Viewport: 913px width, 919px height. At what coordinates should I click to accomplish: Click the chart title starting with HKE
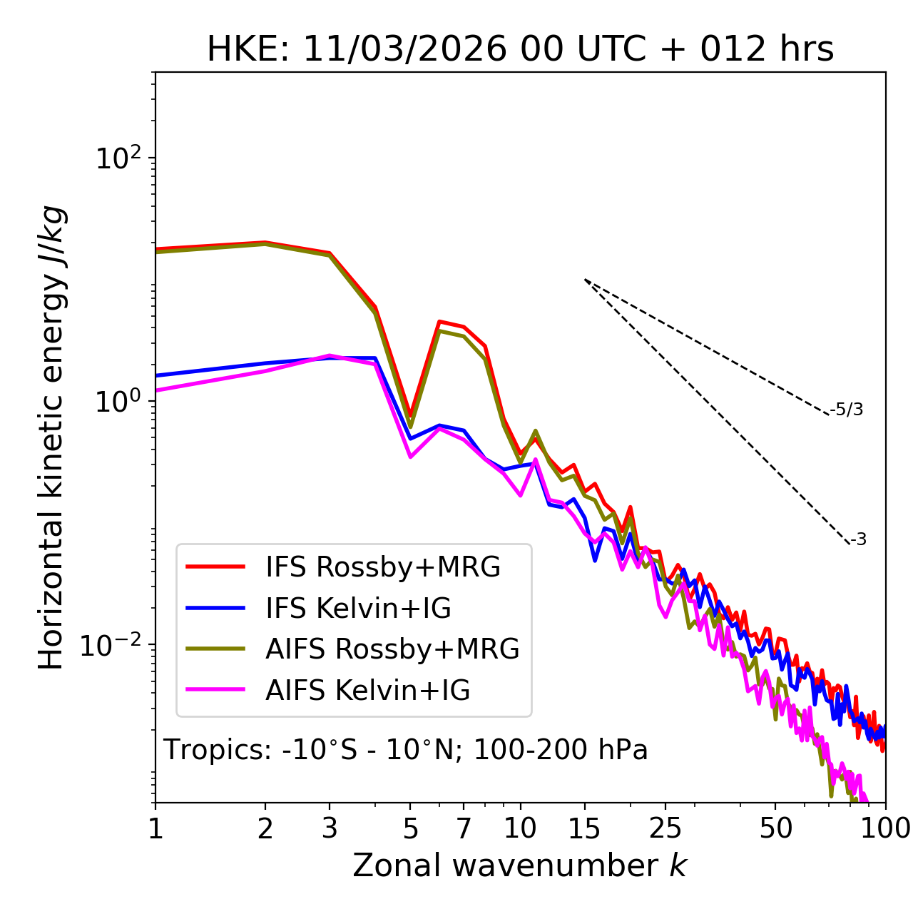520,50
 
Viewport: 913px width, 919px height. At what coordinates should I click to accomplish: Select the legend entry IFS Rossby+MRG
383,567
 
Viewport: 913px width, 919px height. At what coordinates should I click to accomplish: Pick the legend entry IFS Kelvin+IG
358,609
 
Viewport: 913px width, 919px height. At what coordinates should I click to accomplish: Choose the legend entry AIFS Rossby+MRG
392,649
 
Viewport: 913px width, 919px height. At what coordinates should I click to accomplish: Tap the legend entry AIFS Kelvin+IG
367,691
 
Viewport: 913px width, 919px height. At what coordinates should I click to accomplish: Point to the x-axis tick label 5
410,828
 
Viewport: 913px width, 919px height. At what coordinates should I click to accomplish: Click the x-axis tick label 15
584,828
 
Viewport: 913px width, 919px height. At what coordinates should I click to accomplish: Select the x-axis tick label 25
665,828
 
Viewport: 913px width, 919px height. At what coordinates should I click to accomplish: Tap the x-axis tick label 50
775,828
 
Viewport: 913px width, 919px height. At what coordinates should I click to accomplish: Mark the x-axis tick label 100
884,828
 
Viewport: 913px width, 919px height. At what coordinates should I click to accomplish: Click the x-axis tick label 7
464,828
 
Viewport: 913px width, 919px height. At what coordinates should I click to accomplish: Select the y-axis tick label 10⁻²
114,645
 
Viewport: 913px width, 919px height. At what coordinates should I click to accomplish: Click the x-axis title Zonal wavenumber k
520,865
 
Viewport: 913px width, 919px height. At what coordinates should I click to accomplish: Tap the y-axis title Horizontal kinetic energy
51,438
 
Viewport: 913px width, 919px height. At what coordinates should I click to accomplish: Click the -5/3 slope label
847,410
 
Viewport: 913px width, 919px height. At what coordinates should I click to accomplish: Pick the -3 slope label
858,539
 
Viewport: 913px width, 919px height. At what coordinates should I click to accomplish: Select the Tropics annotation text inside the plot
406,750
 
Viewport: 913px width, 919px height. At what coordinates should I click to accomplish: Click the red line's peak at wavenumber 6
439,321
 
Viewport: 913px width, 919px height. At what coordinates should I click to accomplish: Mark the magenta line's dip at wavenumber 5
410,457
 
